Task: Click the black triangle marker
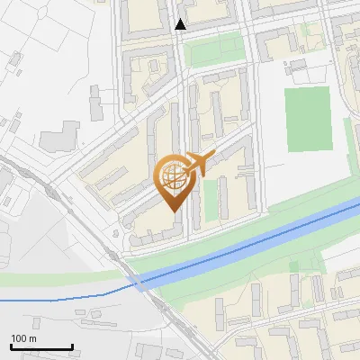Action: [181, 24]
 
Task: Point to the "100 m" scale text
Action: [22, 338]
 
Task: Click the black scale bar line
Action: [40, 347]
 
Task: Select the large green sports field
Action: [309, 120]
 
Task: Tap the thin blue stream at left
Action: [54, 298]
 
